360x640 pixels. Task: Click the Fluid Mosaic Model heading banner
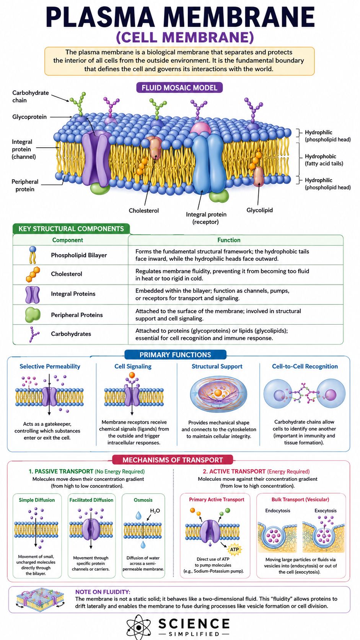tap(179, 87)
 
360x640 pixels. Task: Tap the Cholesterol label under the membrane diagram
tap(143, 211)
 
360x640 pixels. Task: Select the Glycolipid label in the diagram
tap(259, 210)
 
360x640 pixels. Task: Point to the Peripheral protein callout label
tap(25, 185)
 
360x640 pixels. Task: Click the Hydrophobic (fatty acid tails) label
tap(324, 160)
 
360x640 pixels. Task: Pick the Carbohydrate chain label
tap(31, 96)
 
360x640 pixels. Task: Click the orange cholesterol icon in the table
tap(33, 274)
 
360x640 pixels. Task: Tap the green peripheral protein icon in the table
tap(33, 315)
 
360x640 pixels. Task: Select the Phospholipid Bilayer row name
tap(79, 255)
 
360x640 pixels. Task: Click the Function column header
tap(229, 240)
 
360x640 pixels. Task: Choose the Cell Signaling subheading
tap(133, 366)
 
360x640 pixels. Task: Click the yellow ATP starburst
tap(235, 549)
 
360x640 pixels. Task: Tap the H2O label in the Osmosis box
tap(155, 511)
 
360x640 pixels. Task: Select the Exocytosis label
tap(326, 511)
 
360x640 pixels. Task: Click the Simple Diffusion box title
tap(37, 500)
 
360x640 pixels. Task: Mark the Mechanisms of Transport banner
tap(173, 460)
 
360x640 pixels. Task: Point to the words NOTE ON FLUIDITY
tap(103, 592)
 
